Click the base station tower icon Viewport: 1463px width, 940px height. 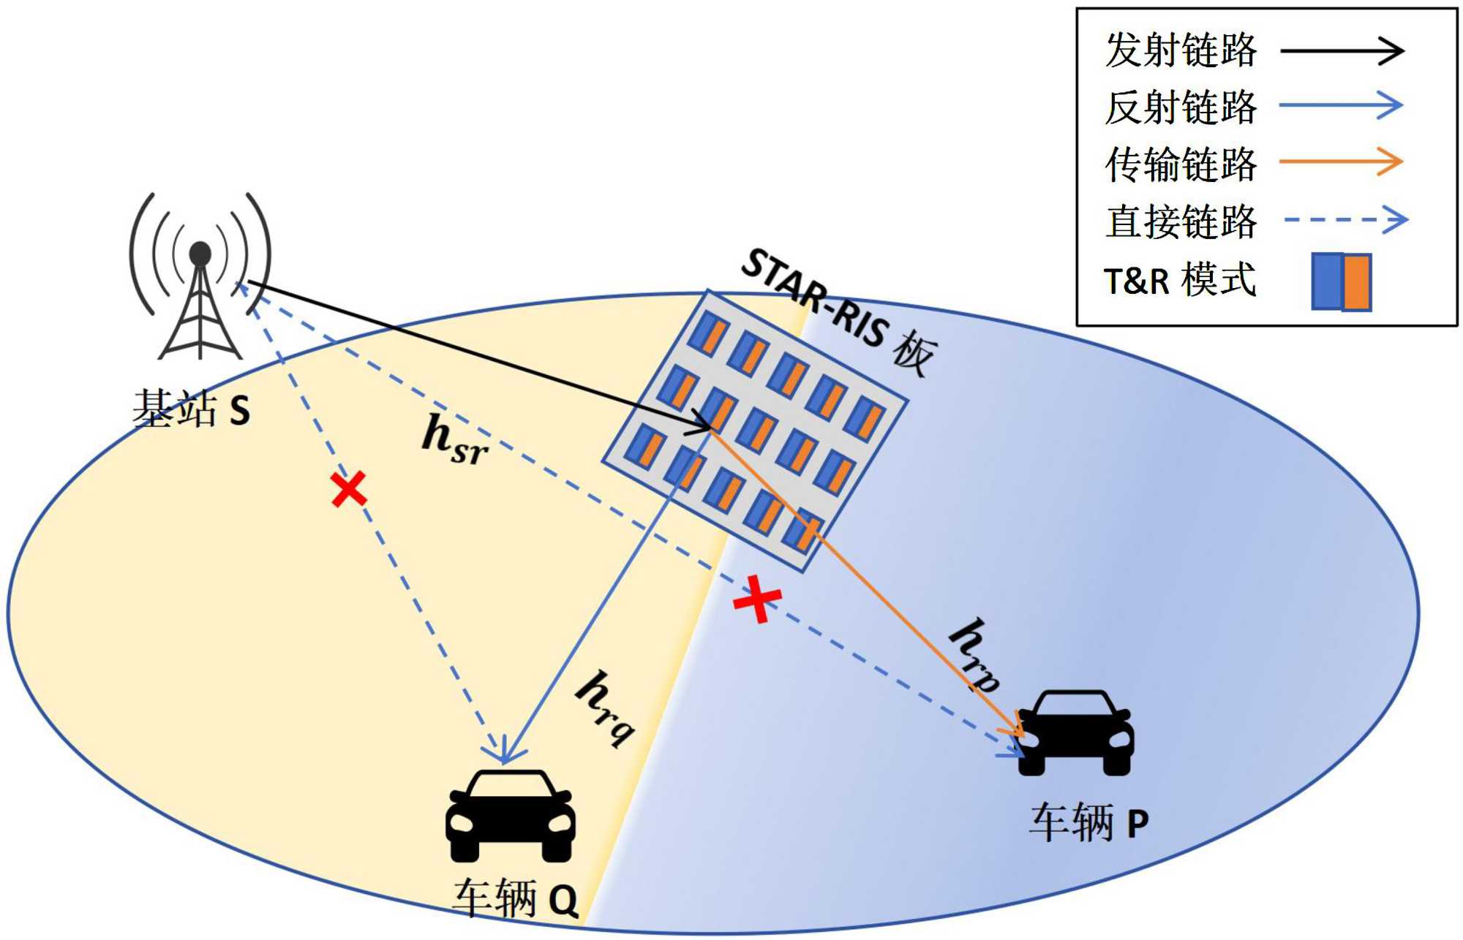coord(200,278)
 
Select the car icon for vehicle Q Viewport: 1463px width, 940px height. coord(511,815)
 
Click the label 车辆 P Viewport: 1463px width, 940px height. coord(1088,822)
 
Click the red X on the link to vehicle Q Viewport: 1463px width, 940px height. coord(348,489)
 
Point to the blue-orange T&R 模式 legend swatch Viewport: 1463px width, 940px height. coord(1341,281)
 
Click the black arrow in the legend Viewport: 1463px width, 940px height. coord(1342,50)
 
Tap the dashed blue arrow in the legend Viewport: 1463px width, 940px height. coord(1345,219)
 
